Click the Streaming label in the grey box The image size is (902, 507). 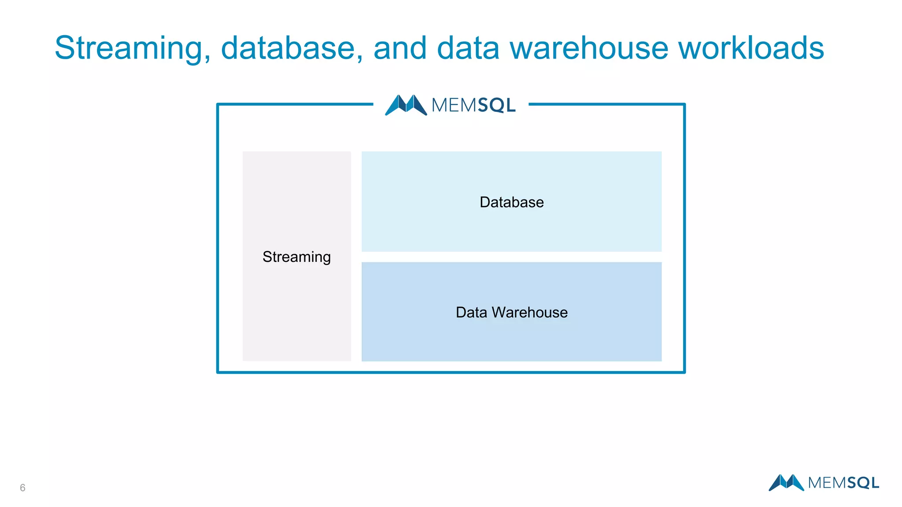(x=296, y=257)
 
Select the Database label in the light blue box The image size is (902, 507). (x=511, y=202)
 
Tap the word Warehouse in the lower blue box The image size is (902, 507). (x=529, y=312)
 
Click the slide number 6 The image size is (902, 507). (x=22, y=488)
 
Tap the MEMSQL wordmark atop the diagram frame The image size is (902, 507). (x=473, y=105)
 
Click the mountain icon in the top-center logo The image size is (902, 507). (x=406, y=105)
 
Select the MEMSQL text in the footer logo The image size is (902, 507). (x=843, y=483)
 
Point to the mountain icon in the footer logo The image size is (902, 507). (x=786, y=482)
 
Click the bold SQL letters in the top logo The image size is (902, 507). (x=496, y=105)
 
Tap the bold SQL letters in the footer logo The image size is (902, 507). (x=862, y=483)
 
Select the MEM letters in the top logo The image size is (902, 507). (x=454, y=105)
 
